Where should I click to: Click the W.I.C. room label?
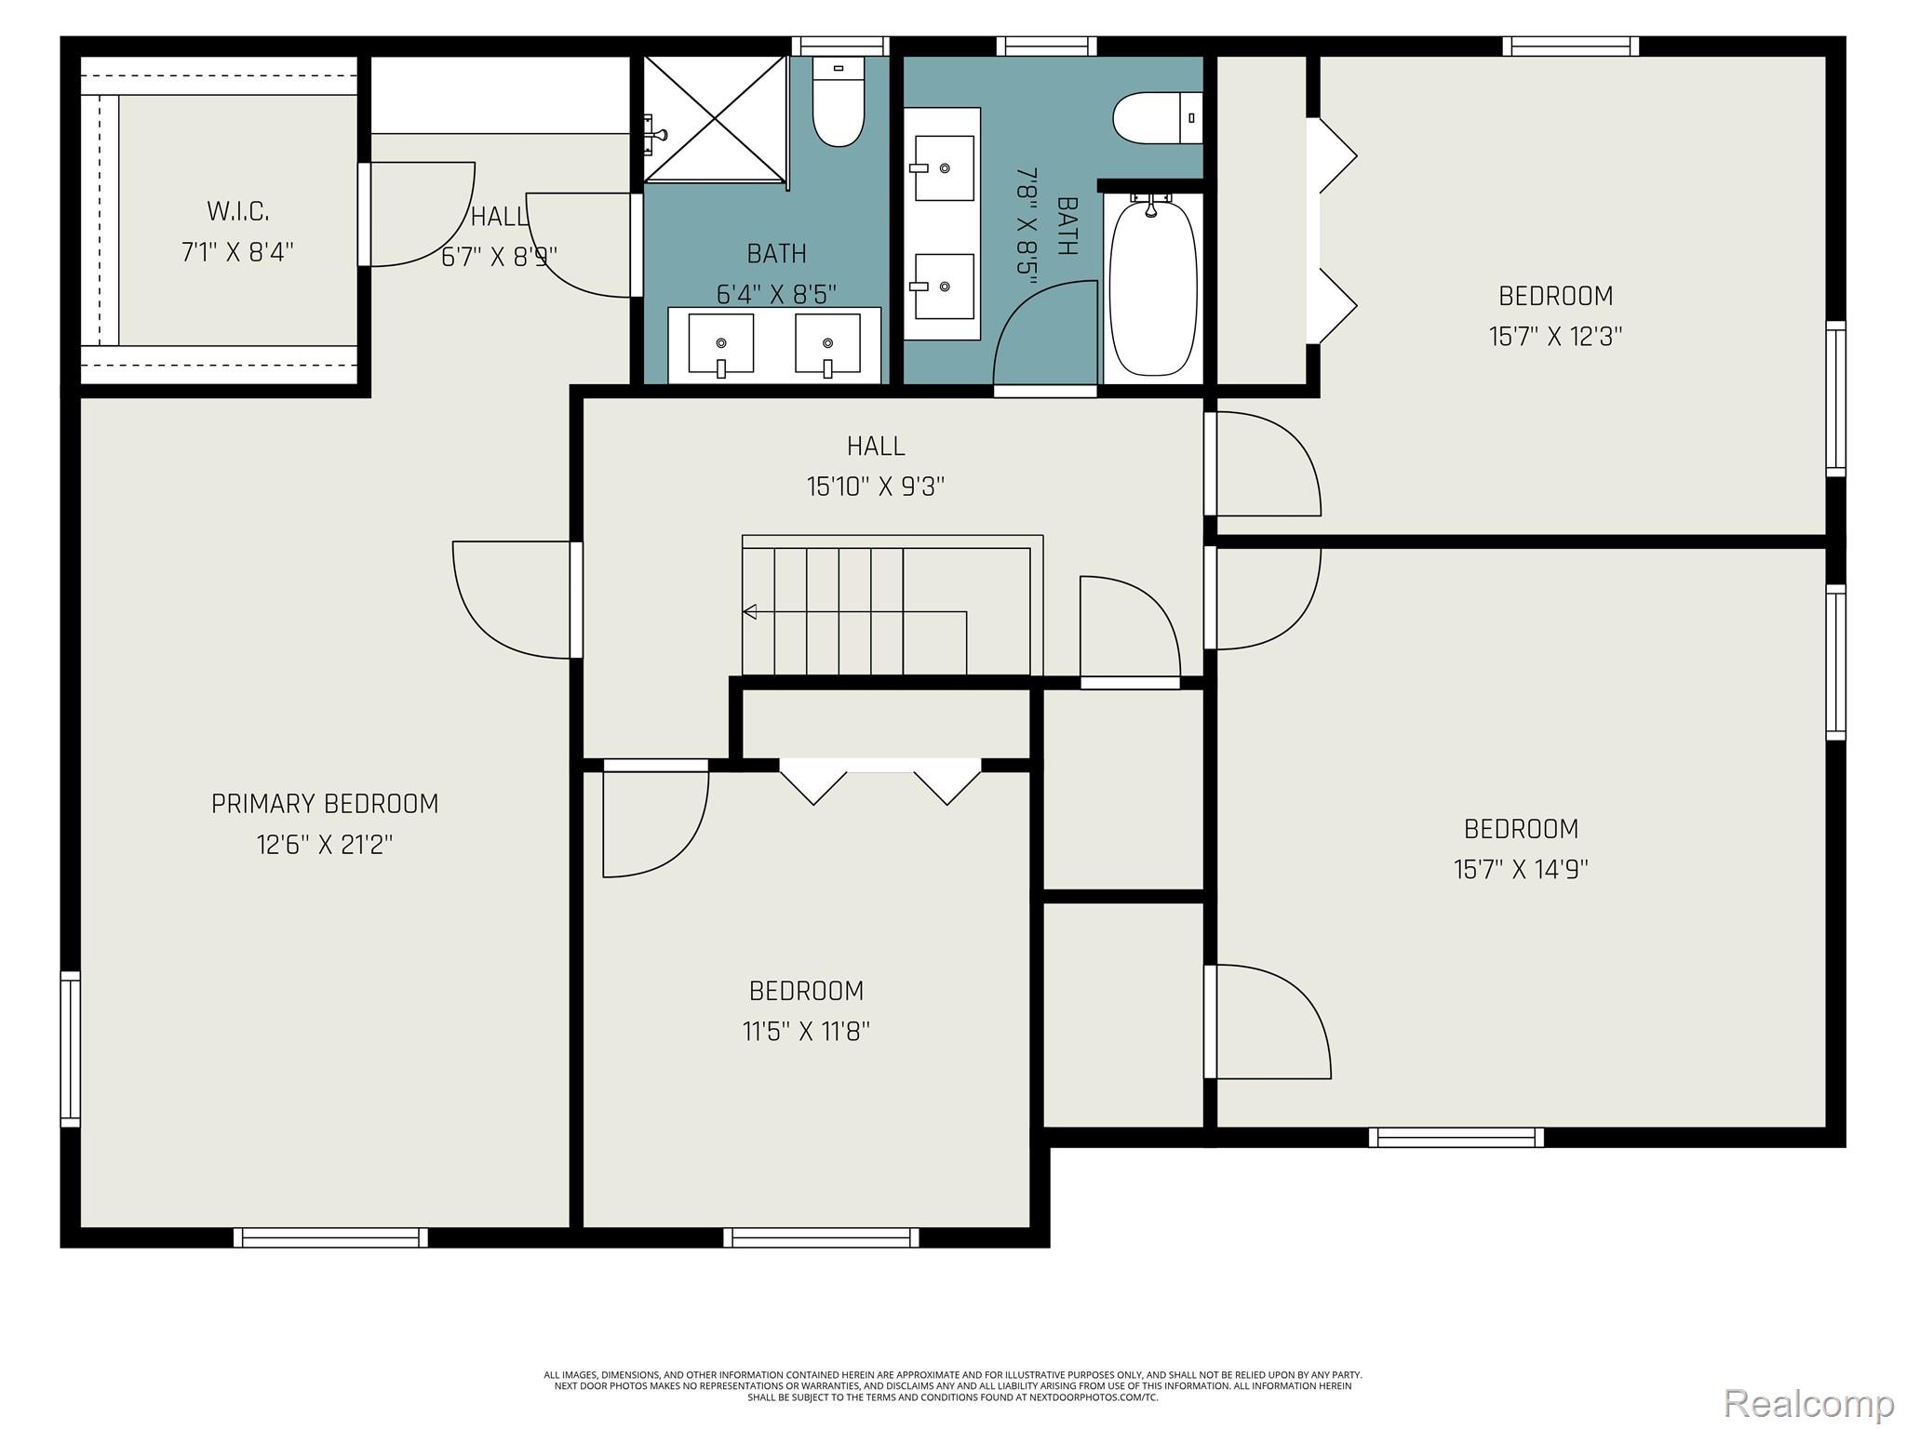238,211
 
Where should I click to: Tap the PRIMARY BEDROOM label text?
325,804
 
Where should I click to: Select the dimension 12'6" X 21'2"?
325,845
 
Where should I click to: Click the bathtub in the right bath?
1153,288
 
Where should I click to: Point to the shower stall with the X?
715,118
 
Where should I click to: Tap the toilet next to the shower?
839,102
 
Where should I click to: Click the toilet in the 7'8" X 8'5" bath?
1154,118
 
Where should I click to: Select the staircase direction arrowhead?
749,611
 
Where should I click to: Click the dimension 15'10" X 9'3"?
876,487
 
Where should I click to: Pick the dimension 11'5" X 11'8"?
806,1032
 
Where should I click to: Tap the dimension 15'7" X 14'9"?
1521,869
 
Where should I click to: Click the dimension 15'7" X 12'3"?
1555,336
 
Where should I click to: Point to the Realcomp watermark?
1808,1402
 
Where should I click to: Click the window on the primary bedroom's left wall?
70,1048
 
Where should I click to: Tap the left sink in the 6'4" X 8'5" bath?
720,344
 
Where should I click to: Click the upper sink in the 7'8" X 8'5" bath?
944,168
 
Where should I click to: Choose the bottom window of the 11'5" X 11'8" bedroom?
821,1237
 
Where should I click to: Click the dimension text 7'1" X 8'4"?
238,252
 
